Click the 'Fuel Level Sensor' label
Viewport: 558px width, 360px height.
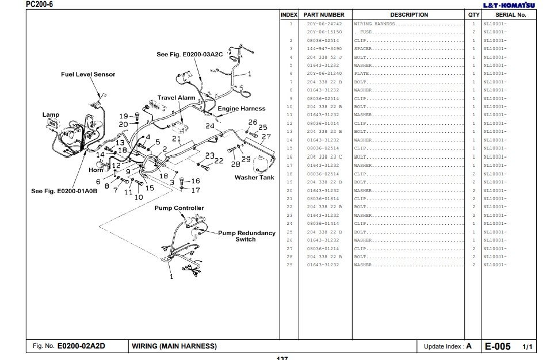click(88, 74)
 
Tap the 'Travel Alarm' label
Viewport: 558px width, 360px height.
click(177, 98)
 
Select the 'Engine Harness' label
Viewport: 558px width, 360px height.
click(241, 108)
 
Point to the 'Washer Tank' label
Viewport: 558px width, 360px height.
click(254, 178)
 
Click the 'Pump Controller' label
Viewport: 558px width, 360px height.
click(179, 208)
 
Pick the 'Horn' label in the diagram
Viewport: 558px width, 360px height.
click(96, 170)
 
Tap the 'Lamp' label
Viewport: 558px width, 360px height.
click(51, 114)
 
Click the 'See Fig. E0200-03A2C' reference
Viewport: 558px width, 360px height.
click(189, 55)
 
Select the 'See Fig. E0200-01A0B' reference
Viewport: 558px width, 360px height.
click(64, 192)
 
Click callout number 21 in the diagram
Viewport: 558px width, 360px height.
click(177, 139)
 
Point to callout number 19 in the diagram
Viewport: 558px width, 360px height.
click(124, 116)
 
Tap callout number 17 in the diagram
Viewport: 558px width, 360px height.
click(196, 190)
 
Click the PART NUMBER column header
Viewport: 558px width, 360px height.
click(324, 14)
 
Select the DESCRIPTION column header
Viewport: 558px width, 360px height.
click(409, 14)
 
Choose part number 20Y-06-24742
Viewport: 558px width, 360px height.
click(324, 24)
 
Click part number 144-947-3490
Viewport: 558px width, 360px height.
click(324, 49)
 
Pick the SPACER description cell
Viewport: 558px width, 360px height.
click(364, 49)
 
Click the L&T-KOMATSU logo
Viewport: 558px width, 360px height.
click(508, 5)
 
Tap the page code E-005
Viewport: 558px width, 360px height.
click(498, 346)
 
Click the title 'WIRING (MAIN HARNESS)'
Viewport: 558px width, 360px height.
click(174, 346)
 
